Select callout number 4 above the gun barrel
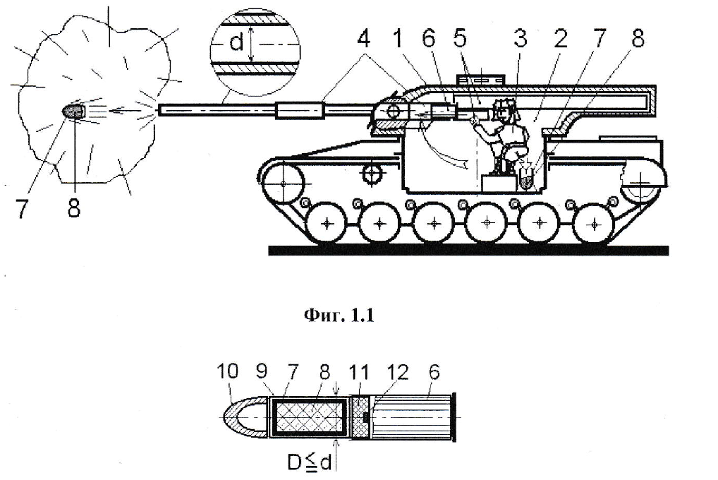tap(364, 41)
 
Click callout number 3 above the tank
tap(521, 41)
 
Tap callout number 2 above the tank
tap(560, 41)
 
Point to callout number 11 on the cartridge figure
tap(359, 371)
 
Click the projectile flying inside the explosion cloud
tap(74, 111)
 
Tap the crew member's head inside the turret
tap(504, 109)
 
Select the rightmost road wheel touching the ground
tap(593, 224)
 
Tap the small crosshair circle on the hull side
tap(371, 172)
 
